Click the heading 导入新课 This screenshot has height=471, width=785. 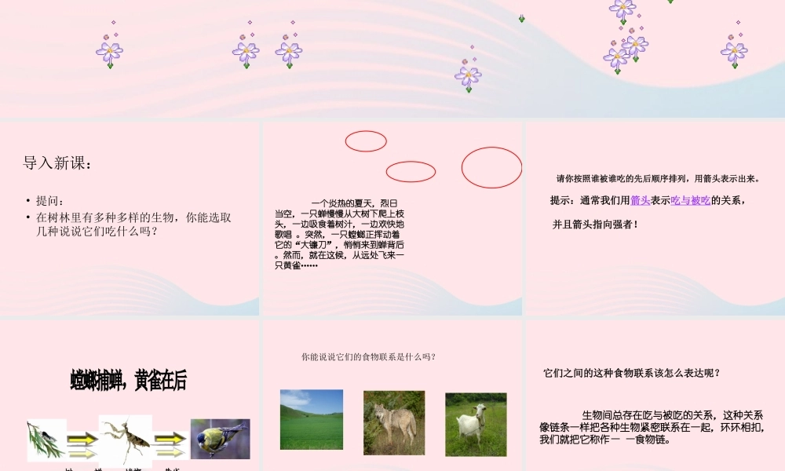57,163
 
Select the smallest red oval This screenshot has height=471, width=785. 366,141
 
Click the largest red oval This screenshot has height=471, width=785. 491,167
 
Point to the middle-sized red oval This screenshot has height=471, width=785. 411,171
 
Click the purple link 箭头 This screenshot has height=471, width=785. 640,201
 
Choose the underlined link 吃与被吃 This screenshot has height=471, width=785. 691,201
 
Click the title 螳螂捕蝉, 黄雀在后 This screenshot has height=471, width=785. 128,382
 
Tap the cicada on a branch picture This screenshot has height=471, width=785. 46,440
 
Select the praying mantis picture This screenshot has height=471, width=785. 125,440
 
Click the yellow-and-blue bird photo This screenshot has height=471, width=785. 220,438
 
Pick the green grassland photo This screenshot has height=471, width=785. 312,419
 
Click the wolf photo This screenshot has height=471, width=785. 393,422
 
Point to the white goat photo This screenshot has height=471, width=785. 476,424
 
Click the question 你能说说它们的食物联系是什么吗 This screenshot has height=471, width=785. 368,357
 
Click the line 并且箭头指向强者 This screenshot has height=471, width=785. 594,225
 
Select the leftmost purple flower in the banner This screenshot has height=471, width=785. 109,51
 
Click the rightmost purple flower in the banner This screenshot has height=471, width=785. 734,51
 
